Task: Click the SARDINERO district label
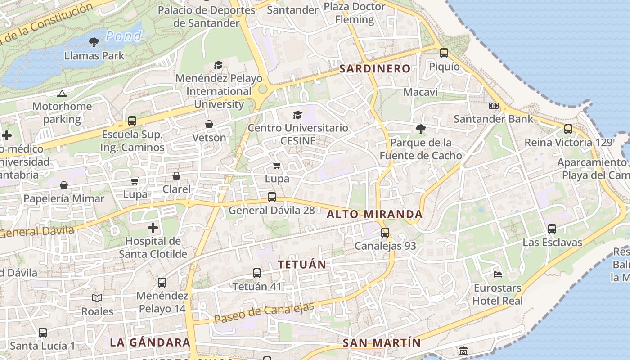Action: [x=375, y=69]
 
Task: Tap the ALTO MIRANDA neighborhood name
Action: [x=375, y=215]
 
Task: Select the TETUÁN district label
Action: [x=302, y=265]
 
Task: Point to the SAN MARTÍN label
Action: [x=382, y=343]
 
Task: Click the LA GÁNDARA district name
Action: [x=150, y=342]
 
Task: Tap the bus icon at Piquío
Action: [x=444, y=53]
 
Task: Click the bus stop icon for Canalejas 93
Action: [x=385, y=233]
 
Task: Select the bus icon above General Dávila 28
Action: [x=272, y=197]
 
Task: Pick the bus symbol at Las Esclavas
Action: [x=552, y=229]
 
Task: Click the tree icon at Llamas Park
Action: [x=94, y=43]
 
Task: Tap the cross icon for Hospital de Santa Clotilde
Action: [x=153, y=228]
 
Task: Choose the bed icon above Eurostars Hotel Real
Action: [x=498, y=274]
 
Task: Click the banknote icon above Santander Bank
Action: [x=494, y=106]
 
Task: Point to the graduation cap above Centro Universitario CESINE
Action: [x=297, y=115]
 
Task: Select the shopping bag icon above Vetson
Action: [x=209, y=124]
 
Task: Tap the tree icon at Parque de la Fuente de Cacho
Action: [x=421, y=130]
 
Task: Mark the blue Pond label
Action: [x=124, y=36]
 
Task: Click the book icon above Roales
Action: [x=97, y=298]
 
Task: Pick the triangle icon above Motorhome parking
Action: [x=62, y=94]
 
